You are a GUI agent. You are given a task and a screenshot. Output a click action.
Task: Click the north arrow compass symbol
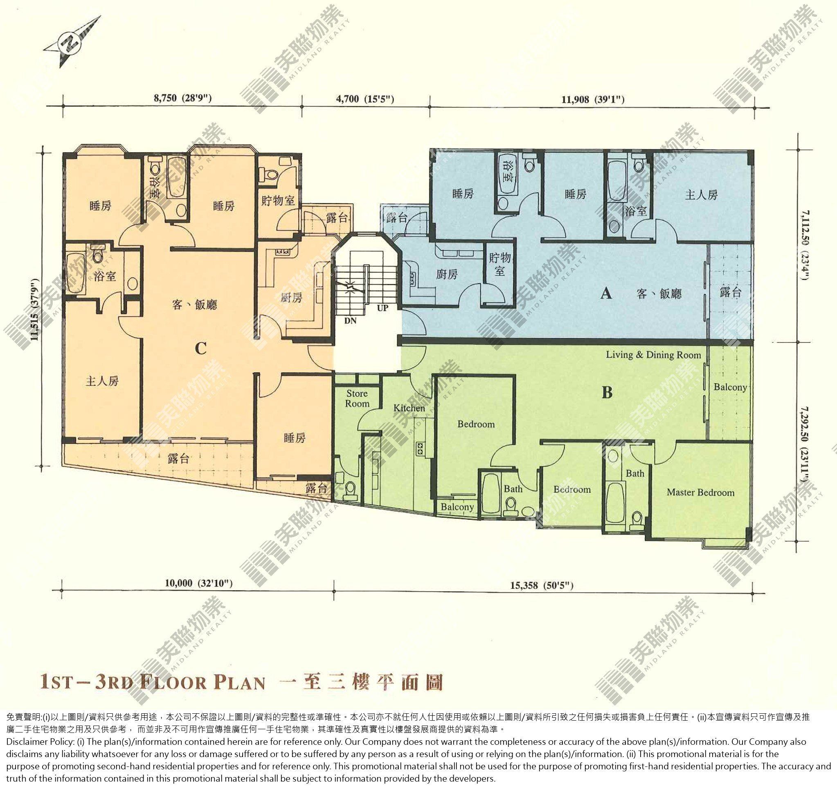(x=72, y=42)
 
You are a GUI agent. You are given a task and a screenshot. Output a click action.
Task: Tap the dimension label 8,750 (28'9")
(x=182, y=98)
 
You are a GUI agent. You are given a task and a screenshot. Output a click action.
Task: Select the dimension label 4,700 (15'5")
(x=365, y=99)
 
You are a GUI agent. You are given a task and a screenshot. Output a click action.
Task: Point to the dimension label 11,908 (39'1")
(x=593, y=99)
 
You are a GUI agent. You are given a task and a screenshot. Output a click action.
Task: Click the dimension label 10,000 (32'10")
(x=198, y=583)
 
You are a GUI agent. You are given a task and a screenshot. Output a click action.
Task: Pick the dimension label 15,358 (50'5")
(x=542, y=585)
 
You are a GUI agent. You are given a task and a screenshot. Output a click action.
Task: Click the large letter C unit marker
(x=201, y=349)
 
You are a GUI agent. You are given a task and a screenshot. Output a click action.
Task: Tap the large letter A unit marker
(x=606, y=292)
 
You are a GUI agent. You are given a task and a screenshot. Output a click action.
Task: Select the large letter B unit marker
(x=607, y=393)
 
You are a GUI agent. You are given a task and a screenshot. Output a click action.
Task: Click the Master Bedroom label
(x=700, y=492)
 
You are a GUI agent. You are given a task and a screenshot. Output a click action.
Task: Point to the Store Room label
(x=357, y=398)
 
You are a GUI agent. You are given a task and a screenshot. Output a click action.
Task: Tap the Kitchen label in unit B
(x=409, y=408)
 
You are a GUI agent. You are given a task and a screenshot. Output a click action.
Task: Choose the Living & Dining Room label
(x=654, y=355)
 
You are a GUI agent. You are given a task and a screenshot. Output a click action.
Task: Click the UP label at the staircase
(x=382, y=308)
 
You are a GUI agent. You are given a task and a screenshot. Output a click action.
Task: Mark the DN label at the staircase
(x=351, y=320)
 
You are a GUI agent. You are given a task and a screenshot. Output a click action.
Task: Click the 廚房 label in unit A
(x=447, y=274)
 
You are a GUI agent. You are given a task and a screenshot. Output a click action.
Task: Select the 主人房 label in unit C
(x=102, y=381)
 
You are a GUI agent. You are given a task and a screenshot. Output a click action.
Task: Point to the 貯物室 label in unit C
(x=278, y=200)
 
